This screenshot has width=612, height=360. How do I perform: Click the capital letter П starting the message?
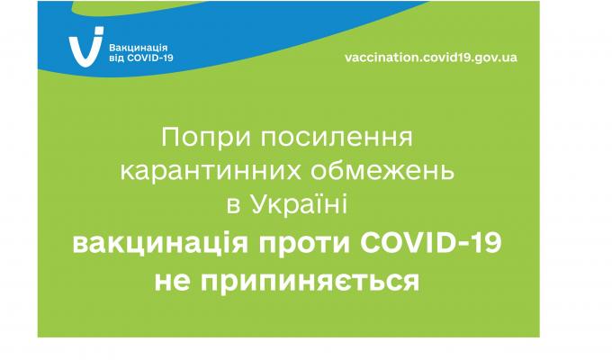click(x=168, y=139)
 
